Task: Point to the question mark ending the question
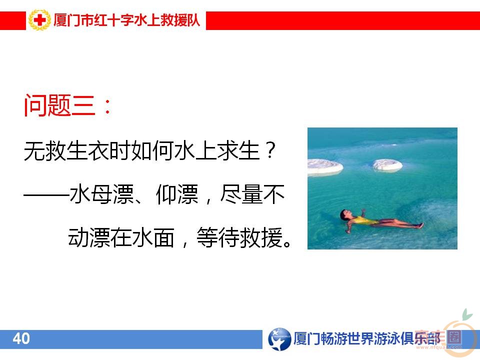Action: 269,150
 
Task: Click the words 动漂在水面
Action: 120,237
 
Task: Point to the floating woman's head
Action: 345,215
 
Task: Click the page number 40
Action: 21,339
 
